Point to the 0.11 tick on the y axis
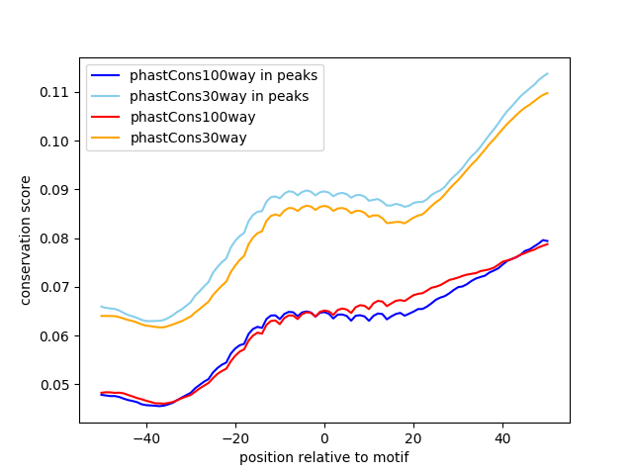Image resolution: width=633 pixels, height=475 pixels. pos(58,92)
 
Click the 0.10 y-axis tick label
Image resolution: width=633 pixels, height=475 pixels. pos(58,141)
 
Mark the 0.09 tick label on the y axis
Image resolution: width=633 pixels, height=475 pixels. pos(58,189)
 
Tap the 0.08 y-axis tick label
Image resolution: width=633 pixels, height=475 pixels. pos(58,238)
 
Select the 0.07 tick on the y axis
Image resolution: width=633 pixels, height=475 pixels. pos(58,287)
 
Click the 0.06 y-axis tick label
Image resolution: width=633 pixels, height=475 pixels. pos(58,335)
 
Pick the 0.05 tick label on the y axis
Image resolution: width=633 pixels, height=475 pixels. pos(58,385)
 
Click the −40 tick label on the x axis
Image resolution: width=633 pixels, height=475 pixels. pos(145,437)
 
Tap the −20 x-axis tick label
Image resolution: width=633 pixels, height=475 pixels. pos(234,437)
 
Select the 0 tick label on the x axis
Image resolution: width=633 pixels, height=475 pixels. pos(324,437)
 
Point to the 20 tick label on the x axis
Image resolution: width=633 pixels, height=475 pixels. pos(413,437)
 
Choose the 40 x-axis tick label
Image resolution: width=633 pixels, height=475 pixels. pos(502,437)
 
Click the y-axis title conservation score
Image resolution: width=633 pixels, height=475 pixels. pos(27,240)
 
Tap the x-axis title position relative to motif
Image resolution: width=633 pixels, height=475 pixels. pos(324,457)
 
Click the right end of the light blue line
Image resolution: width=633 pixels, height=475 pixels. pos(547,73)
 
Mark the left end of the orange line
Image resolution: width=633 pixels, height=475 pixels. pos(102,316)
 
